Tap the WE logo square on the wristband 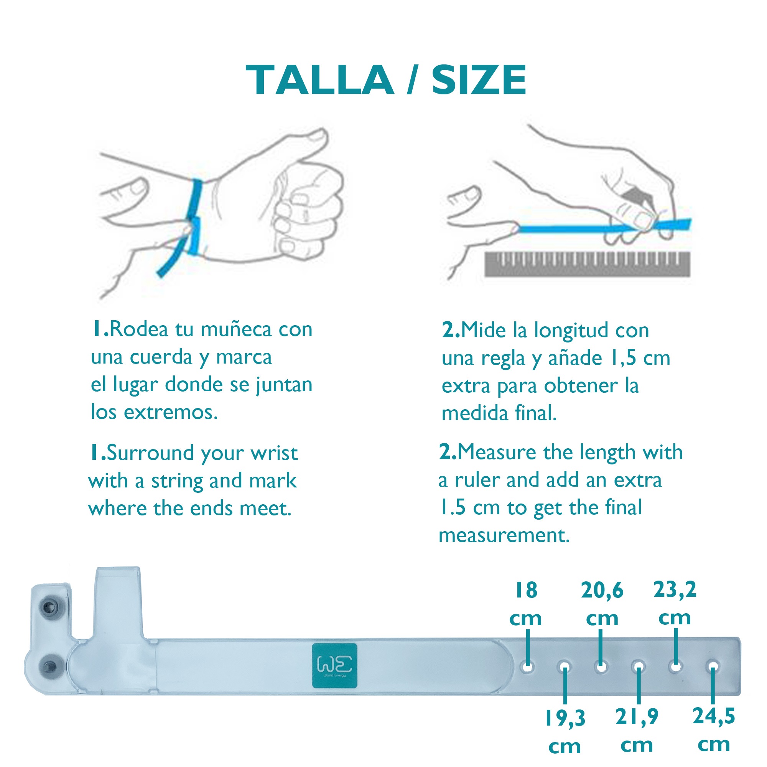[334, 666]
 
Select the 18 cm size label [526, 604]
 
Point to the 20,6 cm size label [602, 604]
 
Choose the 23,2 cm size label [675, 603]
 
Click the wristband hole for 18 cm [528, 667]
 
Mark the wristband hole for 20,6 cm [601, 667]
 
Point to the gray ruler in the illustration [587, 263]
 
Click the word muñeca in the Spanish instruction [236, 329]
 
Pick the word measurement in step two [504, 535]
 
